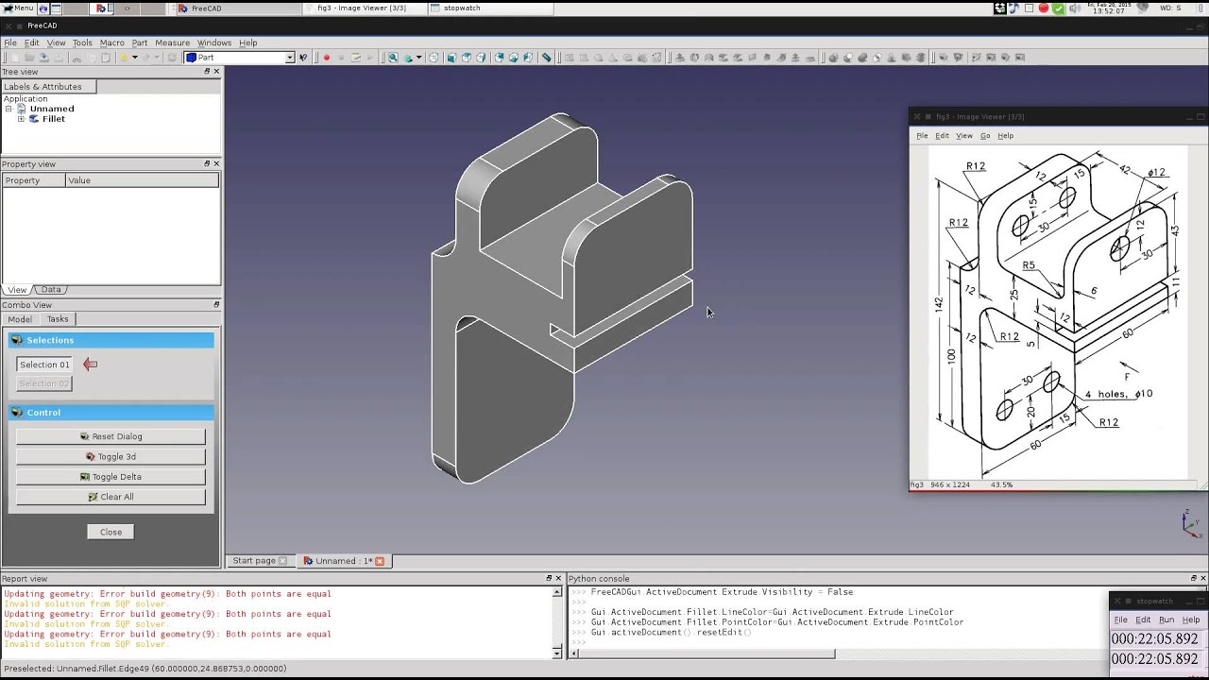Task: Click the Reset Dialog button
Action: pos(111,436)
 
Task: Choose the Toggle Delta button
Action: pos(111,477)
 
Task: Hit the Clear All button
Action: pos(111,497)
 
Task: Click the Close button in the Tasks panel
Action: pos(111,532)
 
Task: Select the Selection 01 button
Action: pos(44,365)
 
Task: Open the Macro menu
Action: pos(111,42)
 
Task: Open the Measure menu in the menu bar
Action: pos(172,42)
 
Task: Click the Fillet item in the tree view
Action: pos(53,119)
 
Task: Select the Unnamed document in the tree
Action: pos(51,109)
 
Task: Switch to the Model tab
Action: pos(20,319)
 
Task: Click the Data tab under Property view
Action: pos(51,290)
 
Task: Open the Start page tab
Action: pos(254,561)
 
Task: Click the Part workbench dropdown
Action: pos(240,58)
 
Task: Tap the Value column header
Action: pos(79,180)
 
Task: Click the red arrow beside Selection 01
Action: pos(90,365)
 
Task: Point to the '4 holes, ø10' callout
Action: pos(1118,394)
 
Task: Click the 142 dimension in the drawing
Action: pos(939,303)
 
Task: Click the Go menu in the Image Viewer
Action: pos(985,136)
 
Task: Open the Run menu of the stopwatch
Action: pos(1166,620)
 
